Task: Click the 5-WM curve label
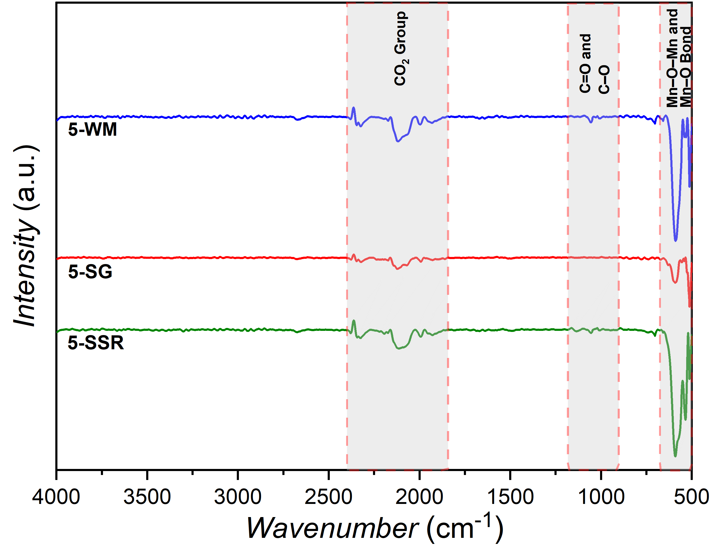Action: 92,130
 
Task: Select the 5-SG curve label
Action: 90,272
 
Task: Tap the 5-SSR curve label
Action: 96,343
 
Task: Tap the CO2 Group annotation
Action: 400,49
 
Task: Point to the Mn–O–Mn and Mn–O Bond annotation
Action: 678,58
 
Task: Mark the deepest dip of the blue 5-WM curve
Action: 676,240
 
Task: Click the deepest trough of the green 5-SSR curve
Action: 675,456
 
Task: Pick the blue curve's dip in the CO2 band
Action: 397,141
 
